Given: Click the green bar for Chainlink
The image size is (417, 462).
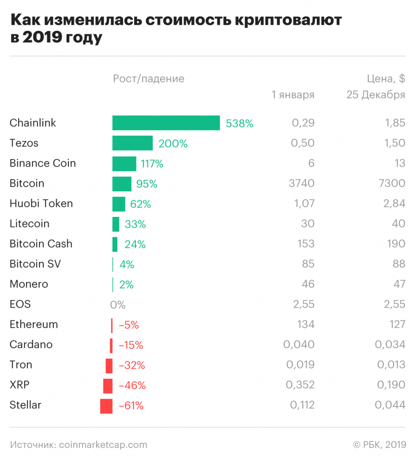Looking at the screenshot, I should click(x=166, y=123).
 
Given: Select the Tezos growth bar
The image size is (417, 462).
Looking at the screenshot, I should click(x=132, y=143).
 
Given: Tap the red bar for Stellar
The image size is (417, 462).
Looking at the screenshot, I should click(x=106, y=406).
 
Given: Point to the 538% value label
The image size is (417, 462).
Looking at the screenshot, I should click(x=240, y=124).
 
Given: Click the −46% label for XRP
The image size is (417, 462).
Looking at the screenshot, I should click(x=132, y=386).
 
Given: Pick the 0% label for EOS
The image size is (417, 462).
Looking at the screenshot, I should click(x=118, y=305).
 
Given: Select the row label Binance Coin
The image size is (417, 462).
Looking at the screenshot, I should click(x=43, y=164).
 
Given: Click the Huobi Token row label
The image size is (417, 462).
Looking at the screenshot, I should click(x=41, y=204).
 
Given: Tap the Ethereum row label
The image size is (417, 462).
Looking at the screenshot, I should click(x=34, y=324).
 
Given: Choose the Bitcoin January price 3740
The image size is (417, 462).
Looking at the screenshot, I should click(x=301, y=183).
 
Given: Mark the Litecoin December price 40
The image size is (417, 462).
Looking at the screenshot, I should click(x=398, y=224).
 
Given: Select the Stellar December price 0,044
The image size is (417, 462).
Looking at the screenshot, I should click(x=390, y=405).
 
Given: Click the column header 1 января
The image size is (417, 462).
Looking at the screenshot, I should click(x=293, y=95).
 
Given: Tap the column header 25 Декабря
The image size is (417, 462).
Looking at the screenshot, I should click(x=376, y=95).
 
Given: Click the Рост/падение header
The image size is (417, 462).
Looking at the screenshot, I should click(x=149, y=79).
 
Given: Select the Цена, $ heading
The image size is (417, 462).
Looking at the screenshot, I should click(x=386, y=79).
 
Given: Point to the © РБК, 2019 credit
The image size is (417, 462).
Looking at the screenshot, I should click(x=379, y=445).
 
